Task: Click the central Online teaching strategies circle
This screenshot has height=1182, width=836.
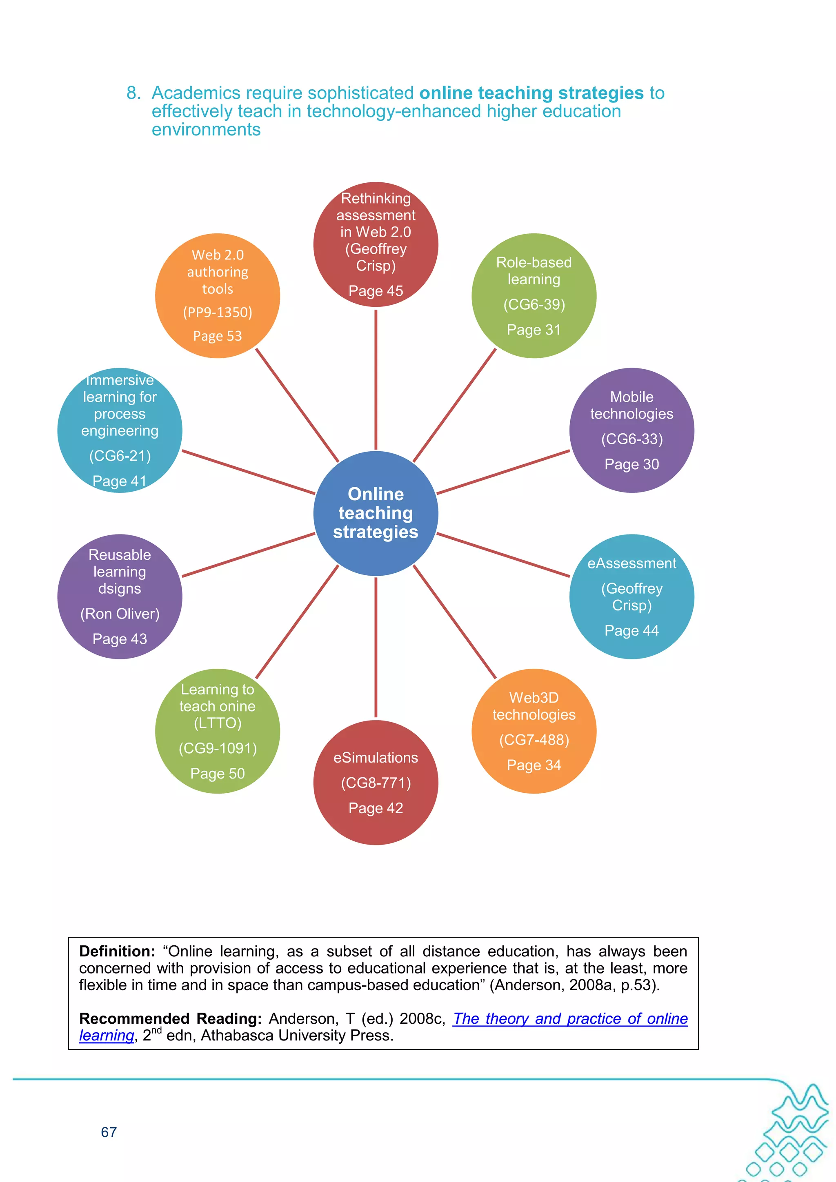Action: [376, 513]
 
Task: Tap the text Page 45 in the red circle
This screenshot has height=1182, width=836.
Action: [376, 291]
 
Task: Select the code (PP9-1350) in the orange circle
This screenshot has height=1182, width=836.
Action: [218, 312]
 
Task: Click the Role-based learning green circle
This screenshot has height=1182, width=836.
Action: [534, 295]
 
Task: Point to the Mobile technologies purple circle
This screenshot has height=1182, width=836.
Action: [631, 430]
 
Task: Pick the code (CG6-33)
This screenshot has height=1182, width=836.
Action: [631, 439]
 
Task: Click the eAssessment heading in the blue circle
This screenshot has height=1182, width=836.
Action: [631, 563]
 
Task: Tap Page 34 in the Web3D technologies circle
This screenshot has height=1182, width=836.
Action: [534, 765]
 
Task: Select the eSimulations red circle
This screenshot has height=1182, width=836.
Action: [376, 782]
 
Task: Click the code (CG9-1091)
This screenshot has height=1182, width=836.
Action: [218, 748]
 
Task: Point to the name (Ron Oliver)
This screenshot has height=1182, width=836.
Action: [120, 614]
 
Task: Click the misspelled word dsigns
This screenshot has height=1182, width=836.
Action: [120, 588]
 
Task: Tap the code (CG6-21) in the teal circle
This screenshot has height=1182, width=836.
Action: [120, 456]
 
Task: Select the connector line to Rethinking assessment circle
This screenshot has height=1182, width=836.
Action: [376, 378]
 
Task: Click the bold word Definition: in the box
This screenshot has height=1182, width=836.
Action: [117, 951]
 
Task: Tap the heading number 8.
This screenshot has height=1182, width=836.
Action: [133, 93]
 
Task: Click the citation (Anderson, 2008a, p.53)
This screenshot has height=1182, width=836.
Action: [574, 985]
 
